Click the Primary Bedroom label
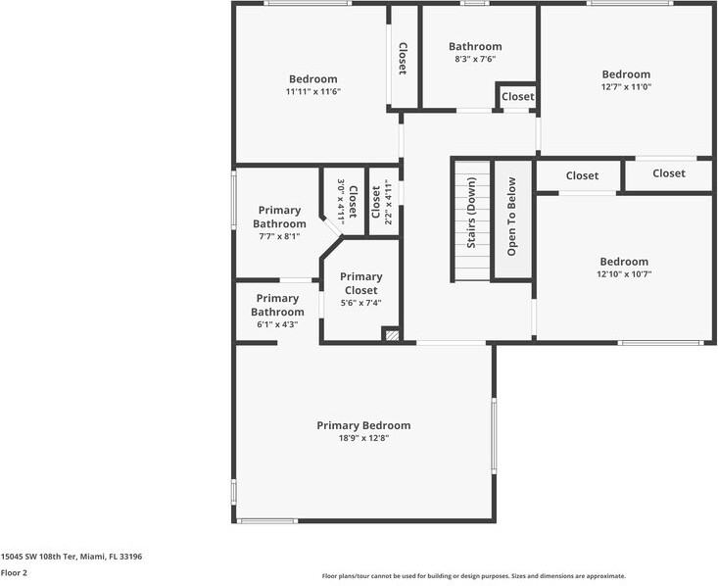[x=363, y=425]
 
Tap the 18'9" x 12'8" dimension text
[x=363, y=438]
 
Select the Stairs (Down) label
[x=471, y=212]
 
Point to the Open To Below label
[x=511, y=218]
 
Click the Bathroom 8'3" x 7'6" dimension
[x=475, y=59]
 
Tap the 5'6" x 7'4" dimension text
[x=360, y=303]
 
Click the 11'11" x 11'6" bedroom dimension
[x=312, y=91]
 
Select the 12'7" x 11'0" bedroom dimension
[x=626, y=87]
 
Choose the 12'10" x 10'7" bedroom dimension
[x=624, y=274]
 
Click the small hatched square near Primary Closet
[x=391, y=335]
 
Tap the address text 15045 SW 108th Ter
[x=72, y=557]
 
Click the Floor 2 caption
[x=15, y=572]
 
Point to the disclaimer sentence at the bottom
[x=474, y=576]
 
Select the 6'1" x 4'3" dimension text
[x=277, y=324]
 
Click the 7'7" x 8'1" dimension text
[x=281, y=236]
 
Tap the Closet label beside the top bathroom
[x=517, y=96]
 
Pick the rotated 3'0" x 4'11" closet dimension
[x=341, y=202]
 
